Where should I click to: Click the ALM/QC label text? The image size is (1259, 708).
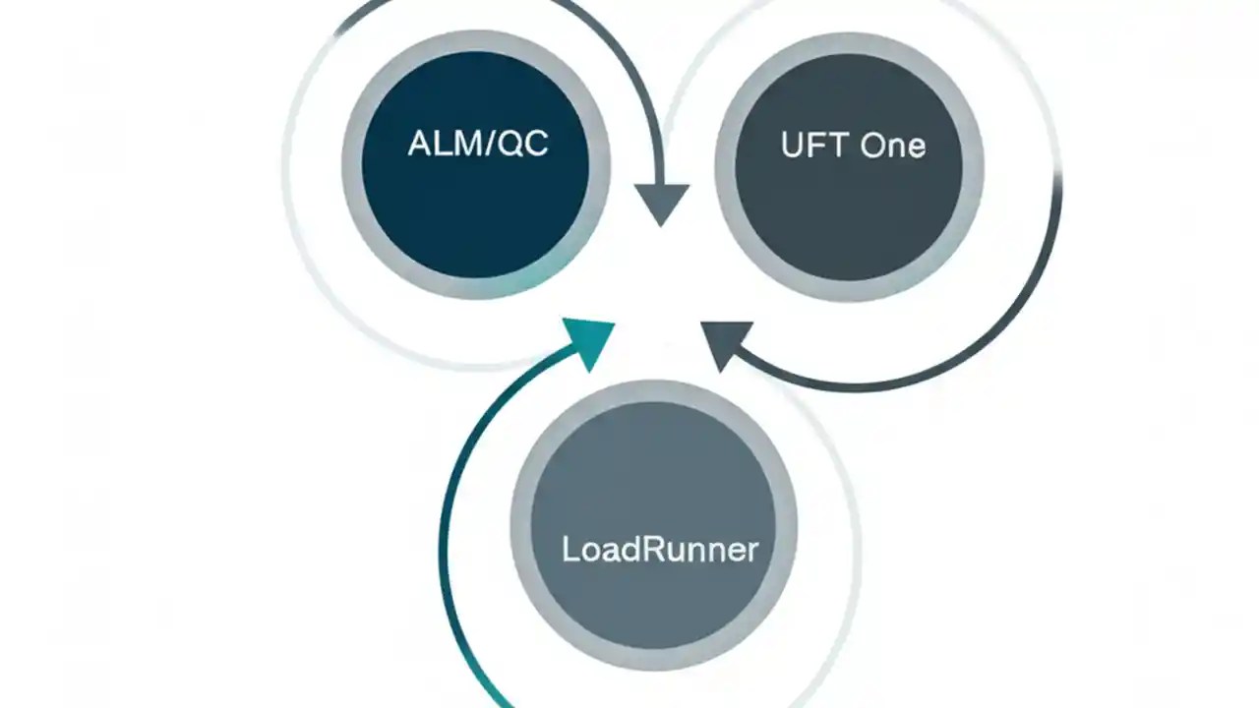[x=477, y=145]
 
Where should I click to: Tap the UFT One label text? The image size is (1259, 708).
[x=852, y=146]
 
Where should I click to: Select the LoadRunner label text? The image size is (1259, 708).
[x=660, y=549]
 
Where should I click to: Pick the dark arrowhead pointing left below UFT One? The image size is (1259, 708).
[x=726, y=344]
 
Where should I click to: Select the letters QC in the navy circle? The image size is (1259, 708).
[x=522, y=145]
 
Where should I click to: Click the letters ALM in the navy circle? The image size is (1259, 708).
[x=441, y=145]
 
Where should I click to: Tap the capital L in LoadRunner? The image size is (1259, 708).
[x=569, y=549]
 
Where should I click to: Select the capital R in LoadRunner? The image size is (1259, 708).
[x=654, y=549]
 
